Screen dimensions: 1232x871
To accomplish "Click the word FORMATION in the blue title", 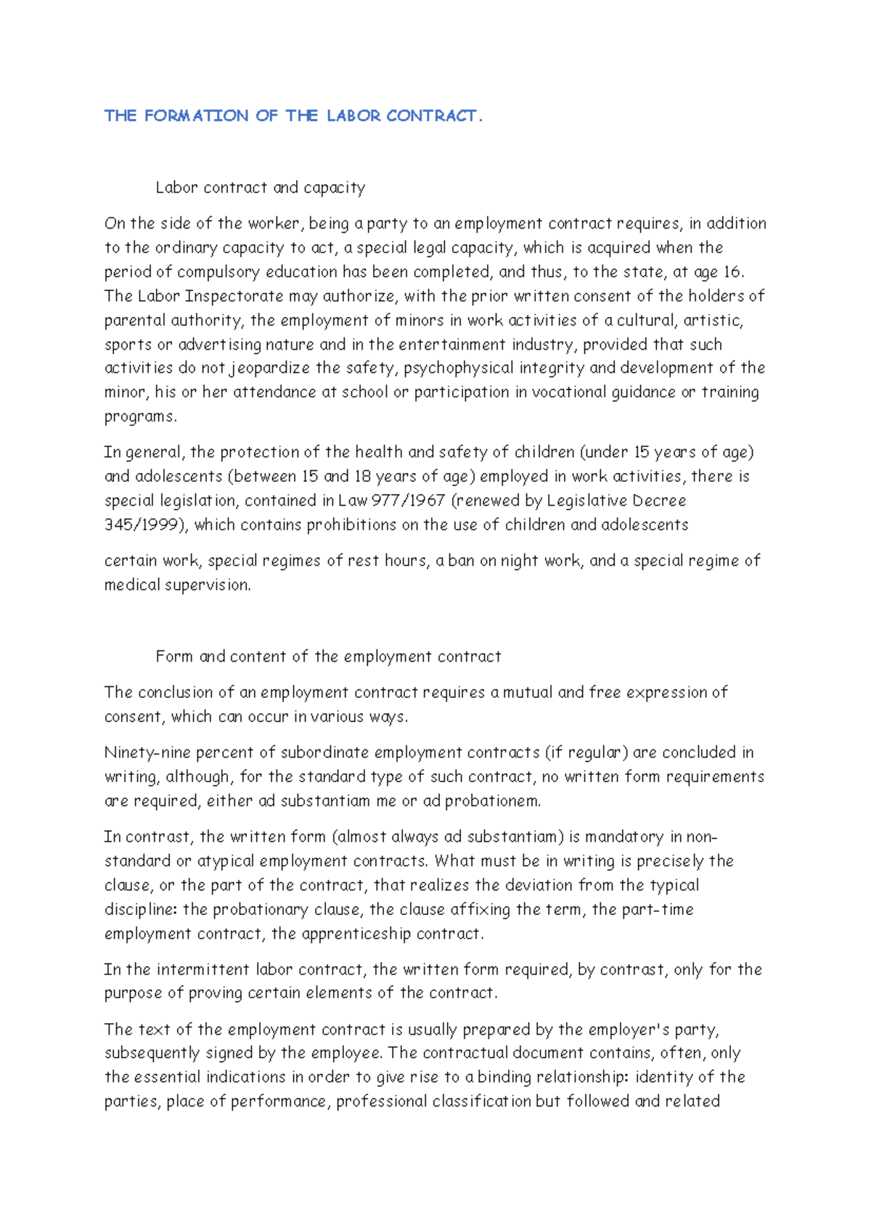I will [x=196, y=116].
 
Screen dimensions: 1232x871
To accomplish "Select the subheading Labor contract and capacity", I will [x=260, y=188].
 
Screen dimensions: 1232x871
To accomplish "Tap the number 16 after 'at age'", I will [x=732, y=272].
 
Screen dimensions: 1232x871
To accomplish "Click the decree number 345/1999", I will [x=142, y=525].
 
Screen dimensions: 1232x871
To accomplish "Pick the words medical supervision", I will [x=177, y=585].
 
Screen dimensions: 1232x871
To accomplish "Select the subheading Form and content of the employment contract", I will [x=328, y=657].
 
